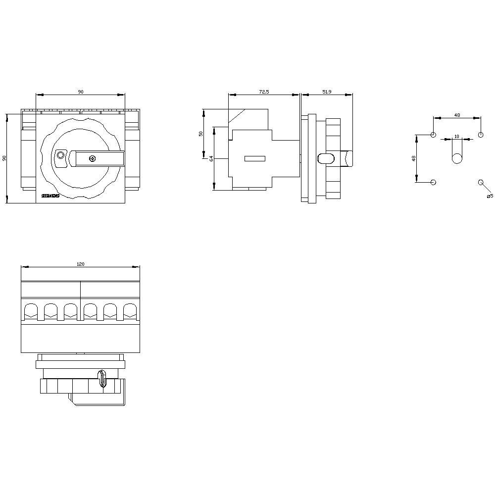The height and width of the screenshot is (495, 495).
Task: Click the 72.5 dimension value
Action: tap(263, 92)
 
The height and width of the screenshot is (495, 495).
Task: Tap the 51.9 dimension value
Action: tap(327, 92)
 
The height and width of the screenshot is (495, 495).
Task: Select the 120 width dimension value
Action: tap(80, 264)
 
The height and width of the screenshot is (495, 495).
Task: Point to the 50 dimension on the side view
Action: tap(201, 134)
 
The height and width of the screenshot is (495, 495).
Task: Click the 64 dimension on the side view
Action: tap(211, 158)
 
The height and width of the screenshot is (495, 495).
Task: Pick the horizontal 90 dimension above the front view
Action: tap(80, 92)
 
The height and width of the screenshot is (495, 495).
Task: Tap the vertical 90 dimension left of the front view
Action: tap(4, 158)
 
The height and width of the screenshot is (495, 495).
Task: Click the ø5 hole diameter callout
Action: tap(490, 197)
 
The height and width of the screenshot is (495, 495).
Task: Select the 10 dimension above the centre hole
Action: tap(456, 136)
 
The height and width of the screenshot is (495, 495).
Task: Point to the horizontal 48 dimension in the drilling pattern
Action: tap(457, 115)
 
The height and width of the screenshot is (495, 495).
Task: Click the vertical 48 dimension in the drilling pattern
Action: tap(414, 158)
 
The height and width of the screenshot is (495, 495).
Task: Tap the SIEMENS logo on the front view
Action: tap(50, 197)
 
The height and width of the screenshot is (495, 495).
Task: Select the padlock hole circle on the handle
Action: tap(61, 155)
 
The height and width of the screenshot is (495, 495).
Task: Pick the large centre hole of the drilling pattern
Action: tap(456, 158)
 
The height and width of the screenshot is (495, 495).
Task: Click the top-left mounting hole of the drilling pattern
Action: tap(434, 135)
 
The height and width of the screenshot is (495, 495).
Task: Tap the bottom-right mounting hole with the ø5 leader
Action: tap(481, 182)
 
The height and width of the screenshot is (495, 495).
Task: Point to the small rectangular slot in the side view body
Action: tap(255, 158)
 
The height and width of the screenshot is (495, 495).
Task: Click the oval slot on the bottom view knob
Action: tap(103, 379)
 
